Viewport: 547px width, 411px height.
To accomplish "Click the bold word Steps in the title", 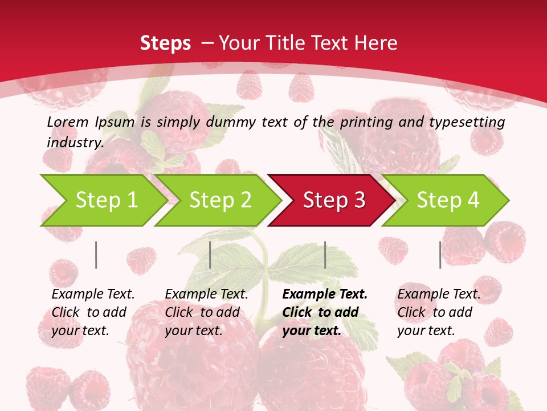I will tap(165, 43).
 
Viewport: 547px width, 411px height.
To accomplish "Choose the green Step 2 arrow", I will tap(220, 200).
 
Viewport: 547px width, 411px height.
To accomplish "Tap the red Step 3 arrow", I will tap(333, 200).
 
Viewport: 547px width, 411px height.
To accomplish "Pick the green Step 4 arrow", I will tap(447, 200).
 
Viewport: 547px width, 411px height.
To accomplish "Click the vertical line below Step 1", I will tap(96, 255).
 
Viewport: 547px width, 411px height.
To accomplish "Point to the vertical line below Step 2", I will tap(210, 255).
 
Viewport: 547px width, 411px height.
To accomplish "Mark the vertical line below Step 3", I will tap(325, 255).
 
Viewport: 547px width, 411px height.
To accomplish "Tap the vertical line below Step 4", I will tap(440, 255).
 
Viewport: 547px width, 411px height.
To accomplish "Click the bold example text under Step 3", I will tap(325, 312).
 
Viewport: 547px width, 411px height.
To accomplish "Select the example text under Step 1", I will tap(93, 312).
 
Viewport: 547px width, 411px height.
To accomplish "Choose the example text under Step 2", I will tap(206, 312).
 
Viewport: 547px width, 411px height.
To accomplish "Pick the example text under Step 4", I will tap(439, 312).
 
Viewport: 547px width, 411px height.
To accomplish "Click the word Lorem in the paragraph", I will tap(68, 122).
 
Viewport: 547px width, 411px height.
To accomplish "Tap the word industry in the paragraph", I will tap(75, 143).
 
